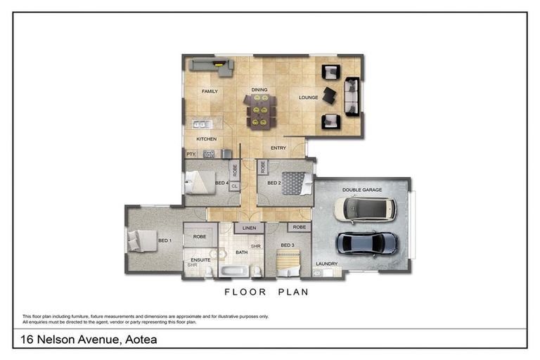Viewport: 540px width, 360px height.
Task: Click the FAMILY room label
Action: [x=210, y=91]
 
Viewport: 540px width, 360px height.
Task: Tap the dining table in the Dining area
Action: [x=260, y=110]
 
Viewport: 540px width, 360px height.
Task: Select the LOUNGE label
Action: [x=308, y=98]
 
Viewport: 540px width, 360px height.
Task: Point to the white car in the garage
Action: [x=365, y=209]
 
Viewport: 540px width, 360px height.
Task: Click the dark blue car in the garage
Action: [x=367, y=243]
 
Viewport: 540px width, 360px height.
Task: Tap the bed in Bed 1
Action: [x=143, y=241]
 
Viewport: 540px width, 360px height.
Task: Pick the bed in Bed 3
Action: [x=287, y=264]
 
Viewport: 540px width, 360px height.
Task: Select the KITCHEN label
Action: [x=196, y=139]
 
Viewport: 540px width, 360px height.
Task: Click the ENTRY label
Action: [x=278, y=148]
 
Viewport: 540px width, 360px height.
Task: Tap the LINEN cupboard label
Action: [x=248, y=229]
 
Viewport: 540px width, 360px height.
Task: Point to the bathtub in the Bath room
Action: [x=233, y=271]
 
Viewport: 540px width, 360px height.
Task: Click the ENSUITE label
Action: [x=200, y=259]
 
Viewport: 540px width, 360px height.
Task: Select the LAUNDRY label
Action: [x=327, y=264]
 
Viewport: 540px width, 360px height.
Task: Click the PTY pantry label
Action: [x=190, y=153]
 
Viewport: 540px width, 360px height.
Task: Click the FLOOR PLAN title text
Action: [x=266, y=291]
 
